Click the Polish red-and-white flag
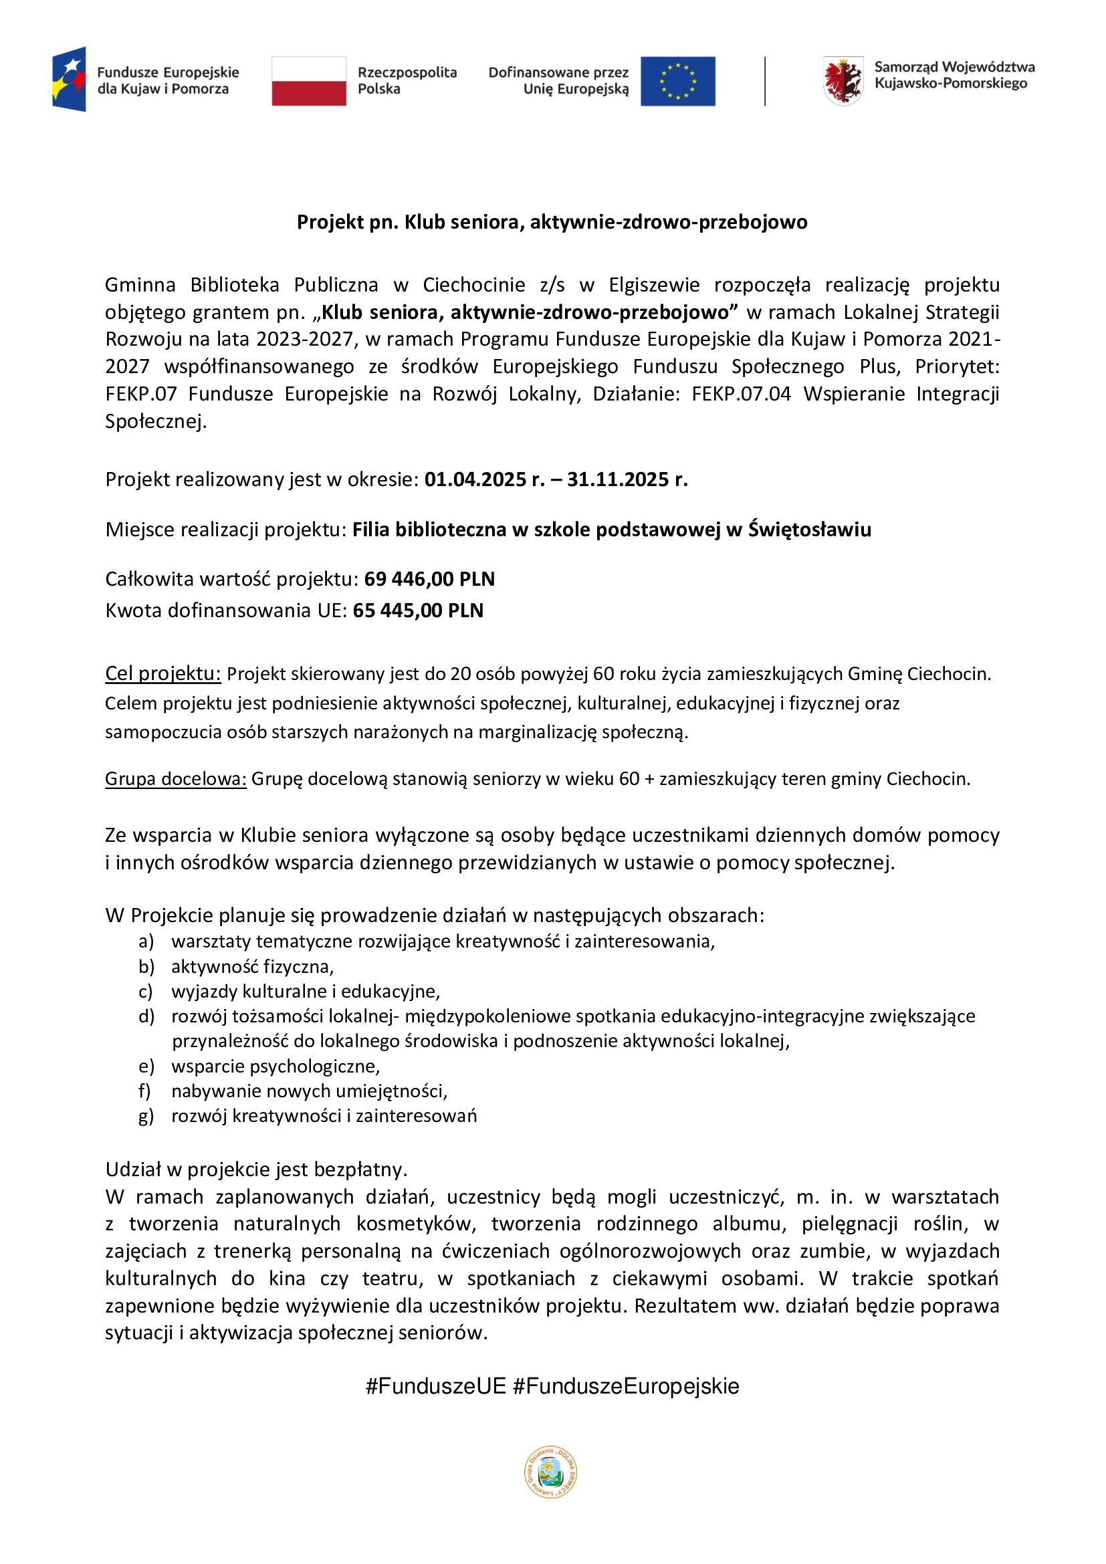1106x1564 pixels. [x=308, y=81]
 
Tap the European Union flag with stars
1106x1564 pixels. [x=677, y=81]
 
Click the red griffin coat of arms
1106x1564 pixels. [x=843, y=81]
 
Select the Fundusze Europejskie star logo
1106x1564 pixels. [x=70, y=79]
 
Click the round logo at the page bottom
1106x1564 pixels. [x=550, y=1472]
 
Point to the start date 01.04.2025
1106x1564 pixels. [x=475, y=479]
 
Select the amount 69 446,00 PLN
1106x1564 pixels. [x=429, y=579]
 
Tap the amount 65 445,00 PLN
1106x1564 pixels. [x=417, y=610]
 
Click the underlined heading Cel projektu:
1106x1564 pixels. [x=162, y=674]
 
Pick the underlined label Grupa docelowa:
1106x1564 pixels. [x=175, y=778]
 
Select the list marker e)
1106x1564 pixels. [x=146, y=1066]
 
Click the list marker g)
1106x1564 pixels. [x=146, y=1116]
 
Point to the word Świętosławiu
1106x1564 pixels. [x=809, y=530]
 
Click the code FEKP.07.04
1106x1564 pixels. [x=741, y=394]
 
